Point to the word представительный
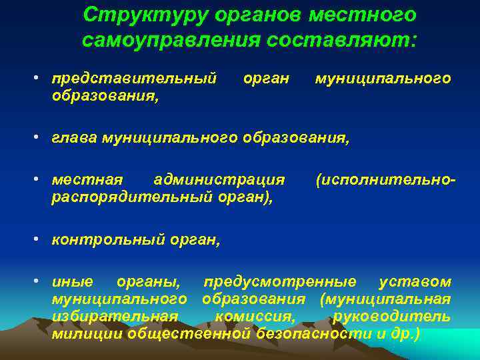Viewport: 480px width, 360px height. tap(134, 79)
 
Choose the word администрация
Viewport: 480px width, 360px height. tap(219, 180)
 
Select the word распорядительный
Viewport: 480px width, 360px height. tap(131, 197)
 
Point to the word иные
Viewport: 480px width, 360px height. tap(73, 282)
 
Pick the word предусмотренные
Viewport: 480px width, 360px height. tap(280, 282)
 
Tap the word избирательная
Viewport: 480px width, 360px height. tap(115, 316)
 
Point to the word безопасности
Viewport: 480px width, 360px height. tap(312, 333)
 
